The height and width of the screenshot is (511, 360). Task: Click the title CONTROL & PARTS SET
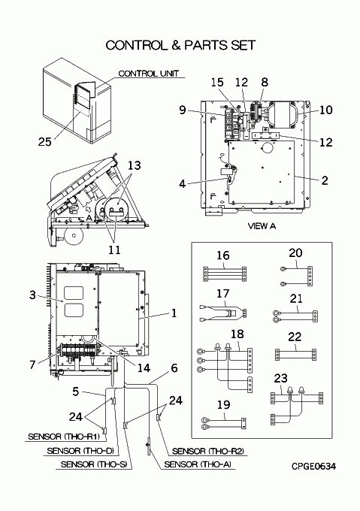point(180,45)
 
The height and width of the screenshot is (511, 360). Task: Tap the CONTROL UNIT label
point(149,74)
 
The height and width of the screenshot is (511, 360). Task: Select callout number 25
point(45,142)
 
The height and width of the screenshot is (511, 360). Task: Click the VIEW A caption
point(262,226)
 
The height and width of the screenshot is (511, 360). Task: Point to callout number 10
point(325,110)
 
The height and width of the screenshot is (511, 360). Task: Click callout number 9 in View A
point(183,110)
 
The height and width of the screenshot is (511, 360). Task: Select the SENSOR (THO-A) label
point(199,464)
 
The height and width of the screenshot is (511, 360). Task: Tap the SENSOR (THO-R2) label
point(207,451)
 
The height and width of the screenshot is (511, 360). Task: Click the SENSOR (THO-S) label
point(94,464)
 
